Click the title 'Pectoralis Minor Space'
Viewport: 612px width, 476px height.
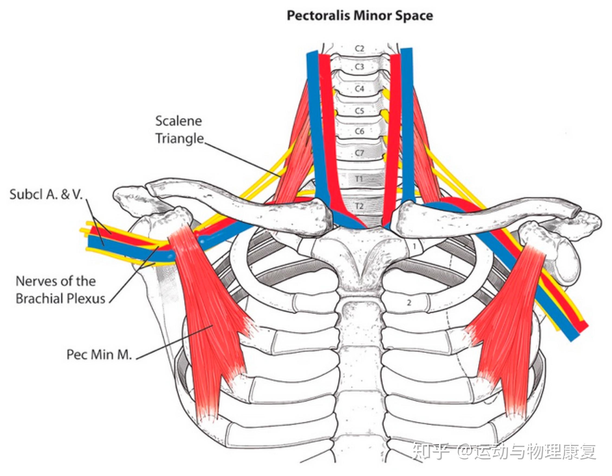[x=360, y=16]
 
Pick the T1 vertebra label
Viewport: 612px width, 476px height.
[x=359, y=178]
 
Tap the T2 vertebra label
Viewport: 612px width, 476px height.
[x=359, y=206]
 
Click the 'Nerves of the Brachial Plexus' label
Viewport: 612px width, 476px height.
[x=60, y=290]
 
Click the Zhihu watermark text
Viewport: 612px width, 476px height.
[x=504, y=452]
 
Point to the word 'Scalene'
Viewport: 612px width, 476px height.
[x=179, y=121]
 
